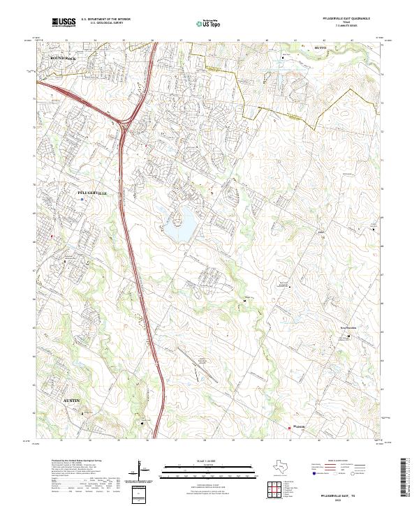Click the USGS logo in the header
pos(64,23)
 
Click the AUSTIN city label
pos(71,400)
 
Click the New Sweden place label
pos(348,326)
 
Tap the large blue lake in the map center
pos(179,225)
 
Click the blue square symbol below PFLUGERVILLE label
pos(83,200)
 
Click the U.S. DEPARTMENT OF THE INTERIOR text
pos(106,19)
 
